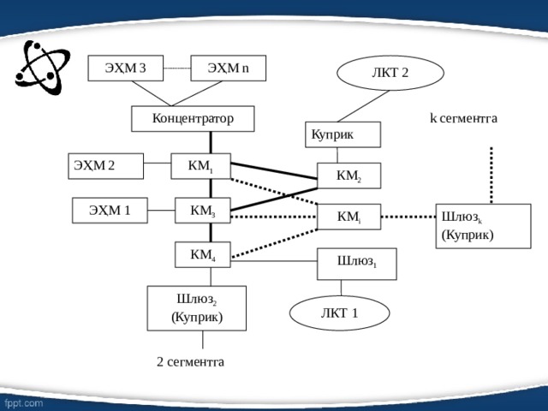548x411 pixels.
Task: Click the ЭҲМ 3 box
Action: [x=126, y=68]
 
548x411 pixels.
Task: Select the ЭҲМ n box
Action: [x=229, y=68]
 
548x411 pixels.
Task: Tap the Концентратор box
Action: [x=193, y=119]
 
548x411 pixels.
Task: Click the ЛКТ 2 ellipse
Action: [x=390, y=73]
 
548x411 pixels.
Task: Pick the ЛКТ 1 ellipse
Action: [x=340, y=313]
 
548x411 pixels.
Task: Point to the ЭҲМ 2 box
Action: [x=106, y=166]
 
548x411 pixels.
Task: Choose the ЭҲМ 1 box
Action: [x=110, y=211]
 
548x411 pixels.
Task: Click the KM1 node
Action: [x=201, y=166]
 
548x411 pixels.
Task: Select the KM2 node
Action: [x=348, y=176]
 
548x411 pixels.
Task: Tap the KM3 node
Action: [x=203, y=211]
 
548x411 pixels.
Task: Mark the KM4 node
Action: [x=203, y=255]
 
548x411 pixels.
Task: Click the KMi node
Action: [x=348, y=217]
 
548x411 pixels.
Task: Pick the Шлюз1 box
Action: [x=357, y=265]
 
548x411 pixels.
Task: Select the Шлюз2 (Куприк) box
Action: [x=197, y=308]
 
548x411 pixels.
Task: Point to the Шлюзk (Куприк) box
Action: [x=483, y=226]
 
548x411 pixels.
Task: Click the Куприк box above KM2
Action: [x=342, y=134]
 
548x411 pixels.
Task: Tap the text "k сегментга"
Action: [x=463, y=118]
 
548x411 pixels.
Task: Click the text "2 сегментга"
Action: [x=190, y=361]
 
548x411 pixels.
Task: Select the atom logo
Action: [x=43, y=68]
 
